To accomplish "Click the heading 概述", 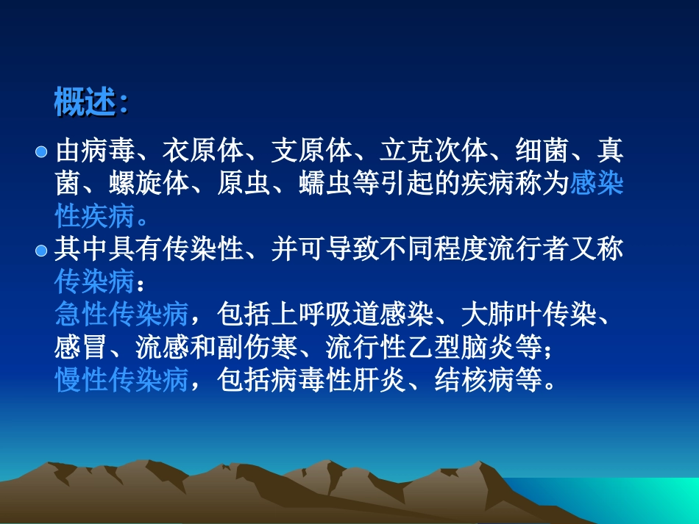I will click(x=85, y=103).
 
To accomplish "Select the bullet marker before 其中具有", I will click(x=42, y=251).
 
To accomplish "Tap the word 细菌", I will click(x=542, y=151).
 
